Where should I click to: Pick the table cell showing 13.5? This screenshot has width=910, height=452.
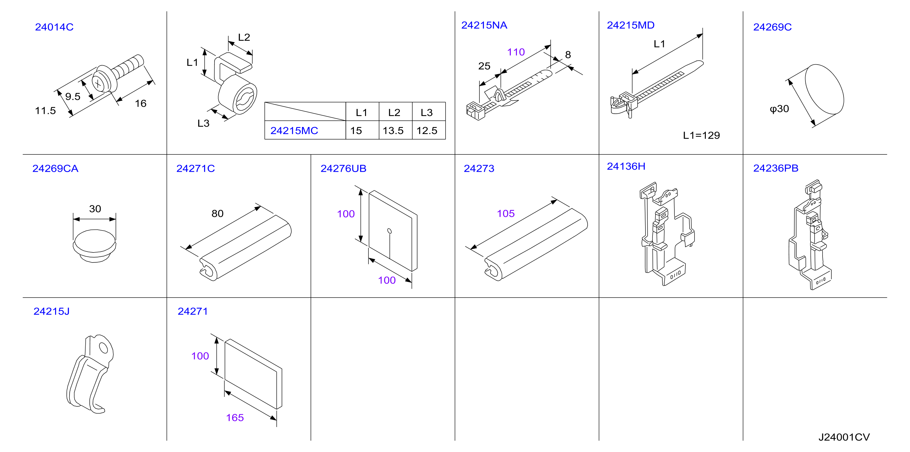[x=396, y=130]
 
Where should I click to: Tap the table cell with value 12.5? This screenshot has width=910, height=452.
[x=429, y=130]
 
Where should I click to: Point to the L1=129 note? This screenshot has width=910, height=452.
[x=701, y=135]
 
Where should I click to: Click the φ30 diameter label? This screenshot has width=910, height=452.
[x=779, y=109]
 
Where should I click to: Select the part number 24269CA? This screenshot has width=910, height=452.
[x=55, y=168]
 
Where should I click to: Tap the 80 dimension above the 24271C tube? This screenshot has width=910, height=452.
[x=218, y=213]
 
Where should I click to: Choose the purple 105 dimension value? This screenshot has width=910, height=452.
[x=506, y=213]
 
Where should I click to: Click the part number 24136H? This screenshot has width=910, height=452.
[x=626, y=166]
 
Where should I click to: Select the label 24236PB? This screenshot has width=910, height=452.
[x=776, y=168]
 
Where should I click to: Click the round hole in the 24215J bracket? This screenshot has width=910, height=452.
[x=104, y=348]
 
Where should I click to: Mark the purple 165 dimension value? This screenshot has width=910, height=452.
[x=235, y=418]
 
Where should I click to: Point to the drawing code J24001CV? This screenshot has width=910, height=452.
[x=844, y=437]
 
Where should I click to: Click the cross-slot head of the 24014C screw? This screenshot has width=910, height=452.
[x=98, y=84]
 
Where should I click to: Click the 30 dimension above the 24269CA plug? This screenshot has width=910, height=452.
[x=95, y=209]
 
